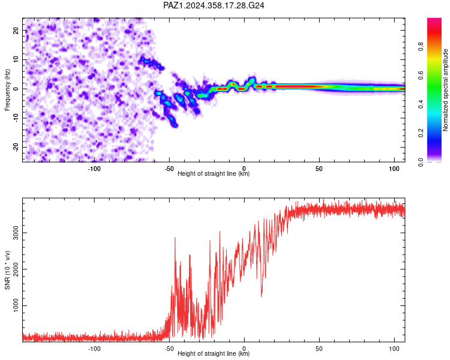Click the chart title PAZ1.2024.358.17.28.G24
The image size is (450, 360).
[214, 5]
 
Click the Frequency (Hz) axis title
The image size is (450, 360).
[7, 90]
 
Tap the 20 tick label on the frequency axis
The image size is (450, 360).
[16, 31]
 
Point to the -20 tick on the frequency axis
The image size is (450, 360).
[16, 147]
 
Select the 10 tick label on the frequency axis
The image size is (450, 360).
[16, 59]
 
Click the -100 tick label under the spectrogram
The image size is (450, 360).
[94, 169]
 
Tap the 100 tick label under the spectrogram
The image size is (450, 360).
[394, 169]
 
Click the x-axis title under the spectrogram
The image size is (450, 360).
[214, 173]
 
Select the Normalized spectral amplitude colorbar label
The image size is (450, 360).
[445, 90]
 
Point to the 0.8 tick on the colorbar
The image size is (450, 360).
[421, 46]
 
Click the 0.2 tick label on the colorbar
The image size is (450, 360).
[421, 133]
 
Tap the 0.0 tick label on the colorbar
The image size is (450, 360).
[421, 162]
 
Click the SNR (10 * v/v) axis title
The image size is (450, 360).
[7, 270]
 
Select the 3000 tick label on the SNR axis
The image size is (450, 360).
[16, 233]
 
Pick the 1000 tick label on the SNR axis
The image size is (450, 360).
[16, 305]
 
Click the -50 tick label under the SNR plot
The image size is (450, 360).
[169, 349]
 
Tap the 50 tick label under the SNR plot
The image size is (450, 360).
[319, 349]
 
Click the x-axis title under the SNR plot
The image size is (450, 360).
[214, 353]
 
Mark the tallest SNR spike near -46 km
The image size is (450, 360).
[175, 238]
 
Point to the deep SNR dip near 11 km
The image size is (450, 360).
[261, 296]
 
